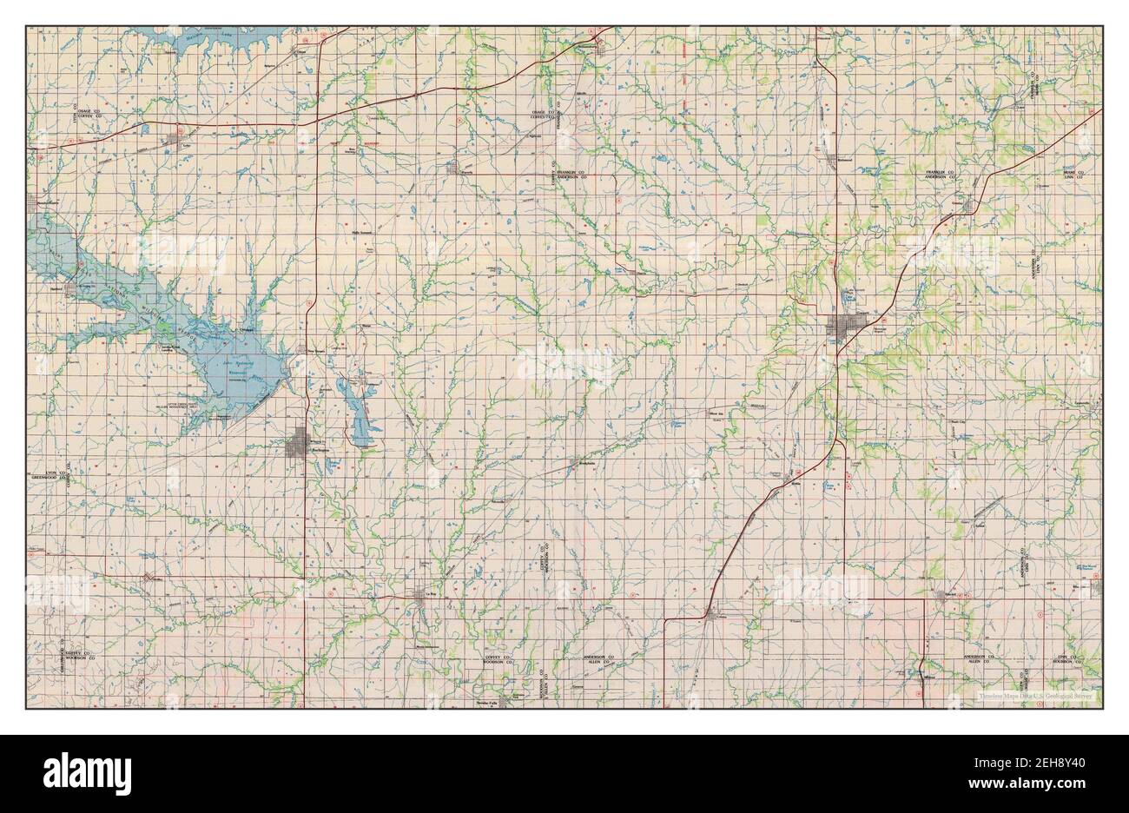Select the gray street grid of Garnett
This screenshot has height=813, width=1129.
pos(842,327)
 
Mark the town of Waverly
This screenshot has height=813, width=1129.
pos(452,167)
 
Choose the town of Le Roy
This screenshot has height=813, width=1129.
pos(424,594)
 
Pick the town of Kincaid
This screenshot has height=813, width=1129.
pos(949,595)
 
